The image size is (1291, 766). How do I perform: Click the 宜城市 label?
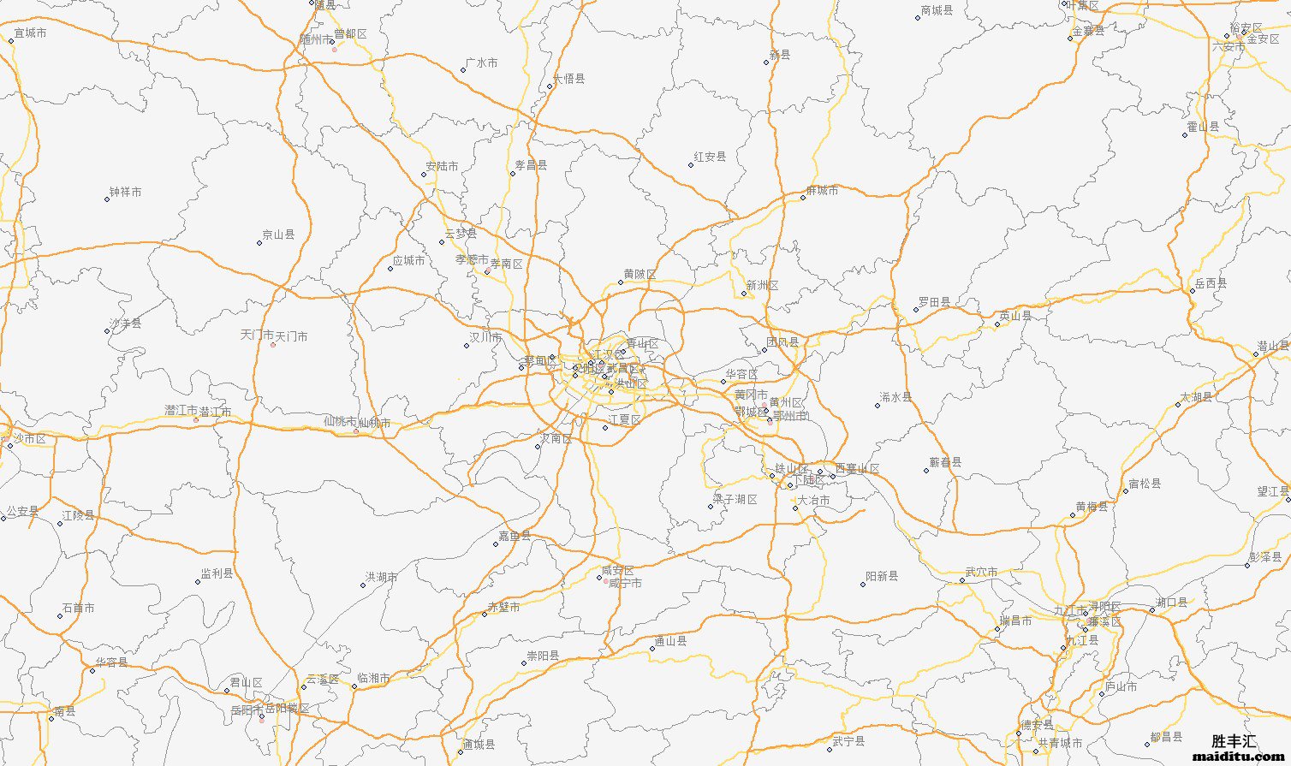click(30, 33)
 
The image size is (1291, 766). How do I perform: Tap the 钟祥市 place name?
click(125, 192)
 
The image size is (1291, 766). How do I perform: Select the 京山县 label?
click(277, 235)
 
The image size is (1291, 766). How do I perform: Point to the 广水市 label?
click(481, 63)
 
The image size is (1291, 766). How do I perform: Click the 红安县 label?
click(710, 157)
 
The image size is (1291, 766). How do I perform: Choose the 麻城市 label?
click(822, 191)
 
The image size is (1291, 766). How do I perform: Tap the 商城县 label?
click(937, 11)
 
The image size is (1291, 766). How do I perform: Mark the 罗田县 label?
click(934, 302)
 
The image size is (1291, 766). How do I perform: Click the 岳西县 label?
click(1211, 283)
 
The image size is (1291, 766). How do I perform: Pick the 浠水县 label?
click(895, 397)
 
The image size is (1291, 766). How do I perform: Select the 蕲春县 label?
click(945, 462)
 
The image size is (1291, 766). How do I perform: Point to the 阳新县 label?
click(882, 576)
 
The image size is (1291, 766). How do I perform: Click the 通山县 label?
click(670, 641)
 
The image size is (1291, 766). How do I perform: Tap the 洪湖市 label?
click(381, 578)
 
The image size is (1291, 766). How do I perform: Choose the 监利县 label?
click(217, 573)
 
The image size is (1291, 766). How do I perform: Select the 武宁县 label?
click(848, 741)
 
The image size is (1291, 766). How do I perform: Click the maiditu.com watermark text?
click(1239, 757)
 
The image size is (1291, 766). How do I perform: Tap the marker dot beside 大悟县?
click(550, 86)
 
